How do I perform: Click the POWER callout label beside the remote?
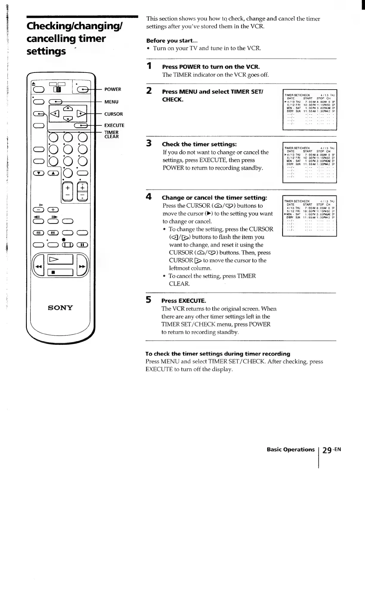tap(113, 89)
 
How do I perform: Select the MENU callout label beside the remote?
tap(111, 102)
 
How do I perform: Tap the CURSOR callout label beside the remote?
tap(113, 114)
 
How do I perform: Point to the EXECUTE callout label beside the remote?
tap(114, 125)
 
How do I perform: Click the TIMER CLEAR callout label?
tap(112, 135)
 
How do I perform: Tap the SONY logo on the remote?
tap(61, 308)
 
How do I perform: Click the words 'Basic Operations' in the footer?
tap(290, 449)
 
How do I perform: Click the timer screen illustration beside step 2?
tap(309, 110)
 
